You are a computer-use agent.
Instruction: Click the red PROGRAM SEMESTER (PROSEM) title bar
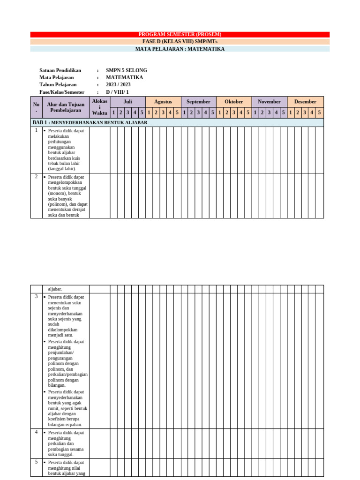tap(180, 34)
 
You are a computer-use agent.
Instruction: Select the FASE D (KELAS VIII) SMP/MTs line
tap(180, 42)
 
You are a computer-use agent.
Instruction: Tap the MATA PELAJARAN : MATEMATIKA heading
tap(180, 49)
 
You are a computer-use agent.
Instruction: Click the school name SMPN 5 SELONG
tap(126, 70)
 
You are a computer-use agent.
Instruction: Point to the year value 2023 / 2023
tap(118, 85)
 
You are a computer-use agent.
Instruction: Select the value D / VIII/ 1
tap(117, 92)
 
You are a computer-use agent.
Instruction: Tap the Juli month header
tap(128, 102)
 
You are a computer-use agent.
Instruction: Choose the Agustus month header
tap(163, 102)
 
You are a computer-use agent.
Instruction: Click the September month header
tap(198, 102)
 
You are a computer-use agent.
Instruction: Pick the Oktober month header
tap(234, 102)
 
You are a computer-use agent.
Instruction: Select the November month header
tap(269, 102)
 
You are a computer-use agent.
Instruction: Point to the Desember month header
tap(305, 102)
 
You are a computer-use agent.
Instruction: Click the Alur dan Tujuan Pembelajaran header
tap(66, 107)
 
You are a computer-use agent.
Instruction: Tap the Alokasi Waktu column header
tap(99, 107)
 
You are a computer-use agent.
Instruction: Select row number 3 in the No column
tap(36, 297)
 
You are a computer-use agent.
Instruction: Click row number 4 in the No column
tap(36, 432)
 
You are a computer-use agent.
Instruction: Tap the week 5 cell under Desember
tap(319, 112)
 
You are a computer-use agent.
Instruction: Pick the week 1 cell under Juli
tap(113, 112)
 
